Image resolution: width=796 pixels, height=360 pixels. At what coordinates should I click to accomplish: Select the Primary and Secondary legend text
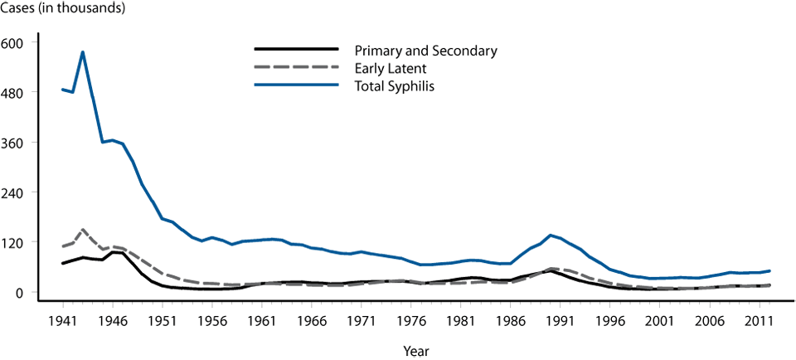click(x=425, y=51)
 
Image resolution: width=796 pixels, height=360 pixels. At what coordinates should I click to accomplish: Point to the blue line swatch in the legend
click(x=295, y=85)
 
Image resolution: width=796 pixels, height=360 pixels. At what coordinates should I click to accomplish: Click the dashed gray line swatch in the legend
click(x=295, y=67)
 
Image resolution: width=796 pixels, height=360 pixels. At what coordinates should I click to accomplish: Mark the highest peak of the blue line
click(x=83, y=52)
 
